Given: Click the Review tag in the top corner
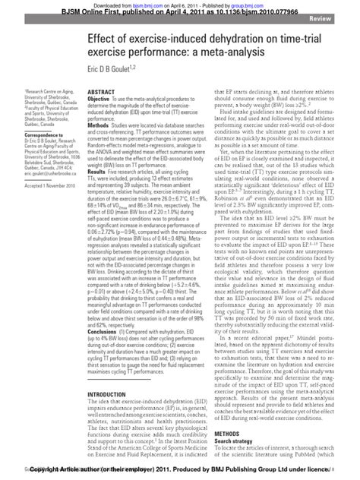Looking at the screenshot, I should (339, 17).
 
